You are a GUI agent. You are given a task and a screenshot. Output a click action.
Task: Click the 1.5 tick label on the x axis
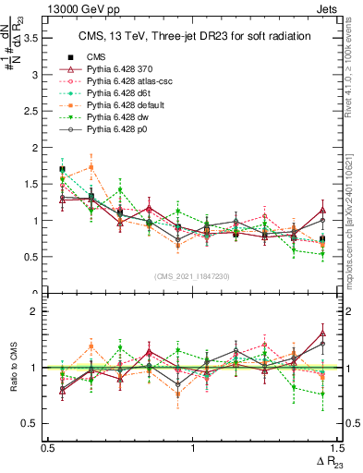point(338,448)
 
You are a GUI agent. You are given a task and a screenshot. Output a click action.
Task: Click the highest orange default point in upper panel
point(91,167)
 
